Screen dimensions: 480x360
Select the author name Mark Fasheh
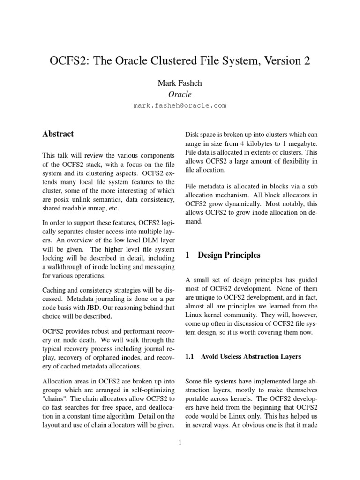point(180,83)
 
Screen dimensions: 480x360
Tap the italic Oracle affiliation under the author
point(180,94)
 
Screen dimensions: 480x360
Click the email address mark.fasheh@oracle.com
point(180,105)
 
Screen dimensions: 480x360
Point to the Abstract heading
point(58,134)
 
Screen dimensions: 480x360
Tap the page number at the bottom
point(180,443)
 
